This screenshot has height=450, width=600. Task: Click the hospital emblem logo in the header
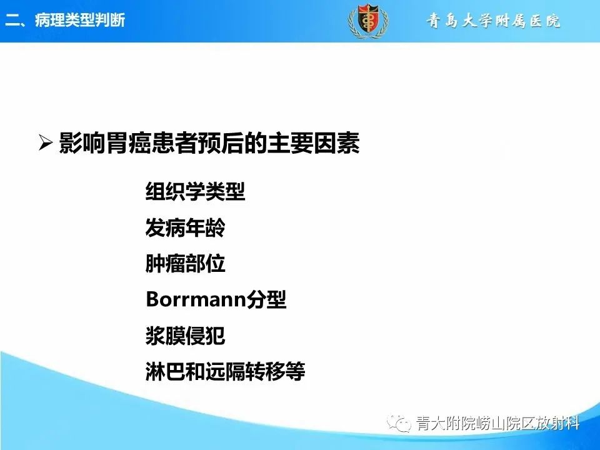367,20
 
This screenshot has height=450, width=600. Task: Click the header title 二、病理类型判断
66,20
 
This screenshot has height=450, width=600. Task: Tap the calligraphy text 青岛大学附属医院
494,21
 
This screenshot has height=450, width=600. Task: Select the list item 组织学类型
195,191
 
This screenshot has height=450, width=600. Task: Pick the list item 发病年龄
185,228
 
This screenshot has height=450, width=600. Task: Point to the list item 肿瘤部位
185,264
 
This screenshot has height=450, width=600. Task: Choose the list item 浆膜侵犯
185,336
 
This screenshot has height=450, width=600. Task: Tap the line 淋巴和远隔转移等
225,372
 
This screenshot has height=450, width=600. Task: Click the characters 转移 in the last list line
265,372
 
